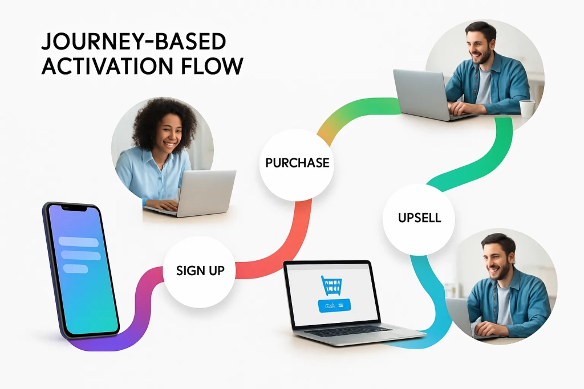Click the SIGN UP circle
(x=199, y=271)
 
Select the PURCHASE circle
(x=297, y=163)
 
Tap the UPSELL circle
(x=419, y=218)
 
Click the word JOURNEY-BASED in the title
(x=133, y=43)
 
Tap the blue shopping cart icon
(x=331, y=285)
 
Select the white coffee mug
(x=526, y=108)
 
